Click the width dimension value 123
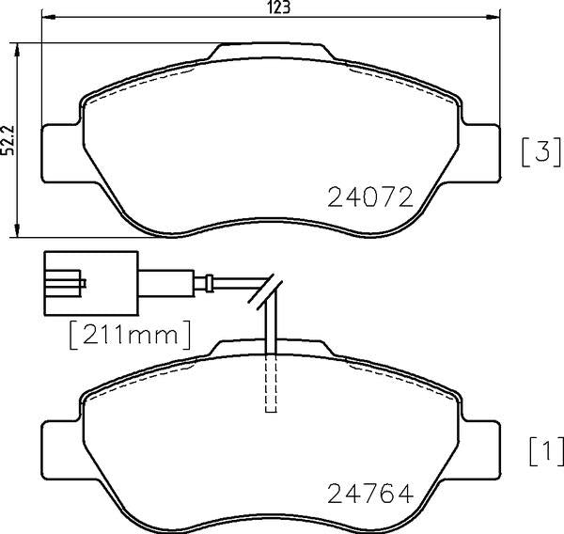pos(278,8)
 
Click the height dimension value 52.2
pos(8,140)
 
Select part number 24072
pos(370,196)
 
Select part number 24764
pos(370,494)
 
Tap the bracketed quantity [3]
pos(541,151)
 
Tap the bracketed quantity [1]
pos(547,451)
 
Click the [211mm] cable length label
pos(130,335)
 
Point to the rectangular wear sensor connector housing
pos(91,284)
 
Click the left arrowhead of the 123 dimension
pos(48,17)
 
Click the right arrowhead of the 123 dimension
pos(493,17)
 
